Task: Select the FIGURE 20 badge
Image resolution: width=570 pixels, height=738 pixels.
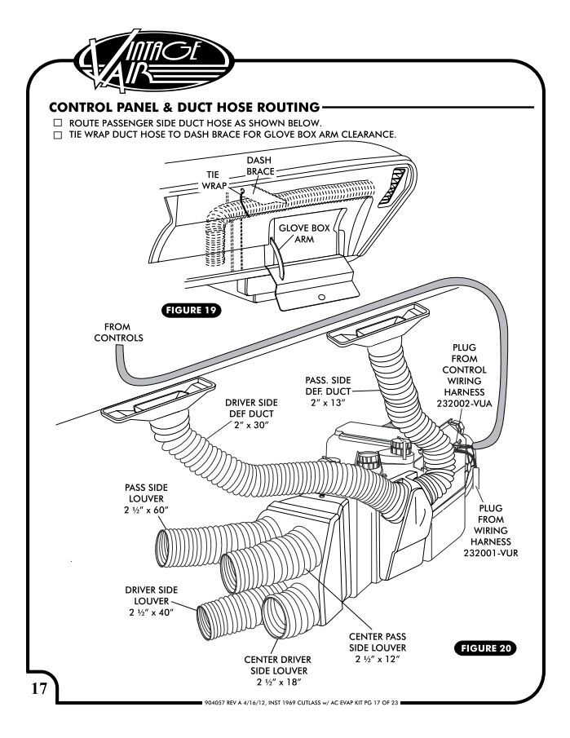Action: [484, 648]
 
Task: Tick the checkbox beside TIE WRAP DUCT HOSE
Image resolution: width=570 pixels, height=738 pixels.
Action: [57, 135]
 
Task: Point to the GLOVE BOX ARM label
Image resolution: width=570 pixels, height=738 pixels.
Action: [304, 234]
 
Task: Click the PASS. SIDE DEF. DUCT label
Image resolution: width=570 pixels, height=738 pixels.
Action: [329, 387]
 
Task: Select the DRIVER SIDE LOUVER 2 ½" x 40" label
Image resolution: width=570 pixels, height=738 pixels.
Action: [151, 602]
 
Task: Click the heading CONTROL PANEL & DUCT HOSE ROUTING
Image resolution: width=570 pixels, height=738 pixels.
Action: [183, 107]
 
